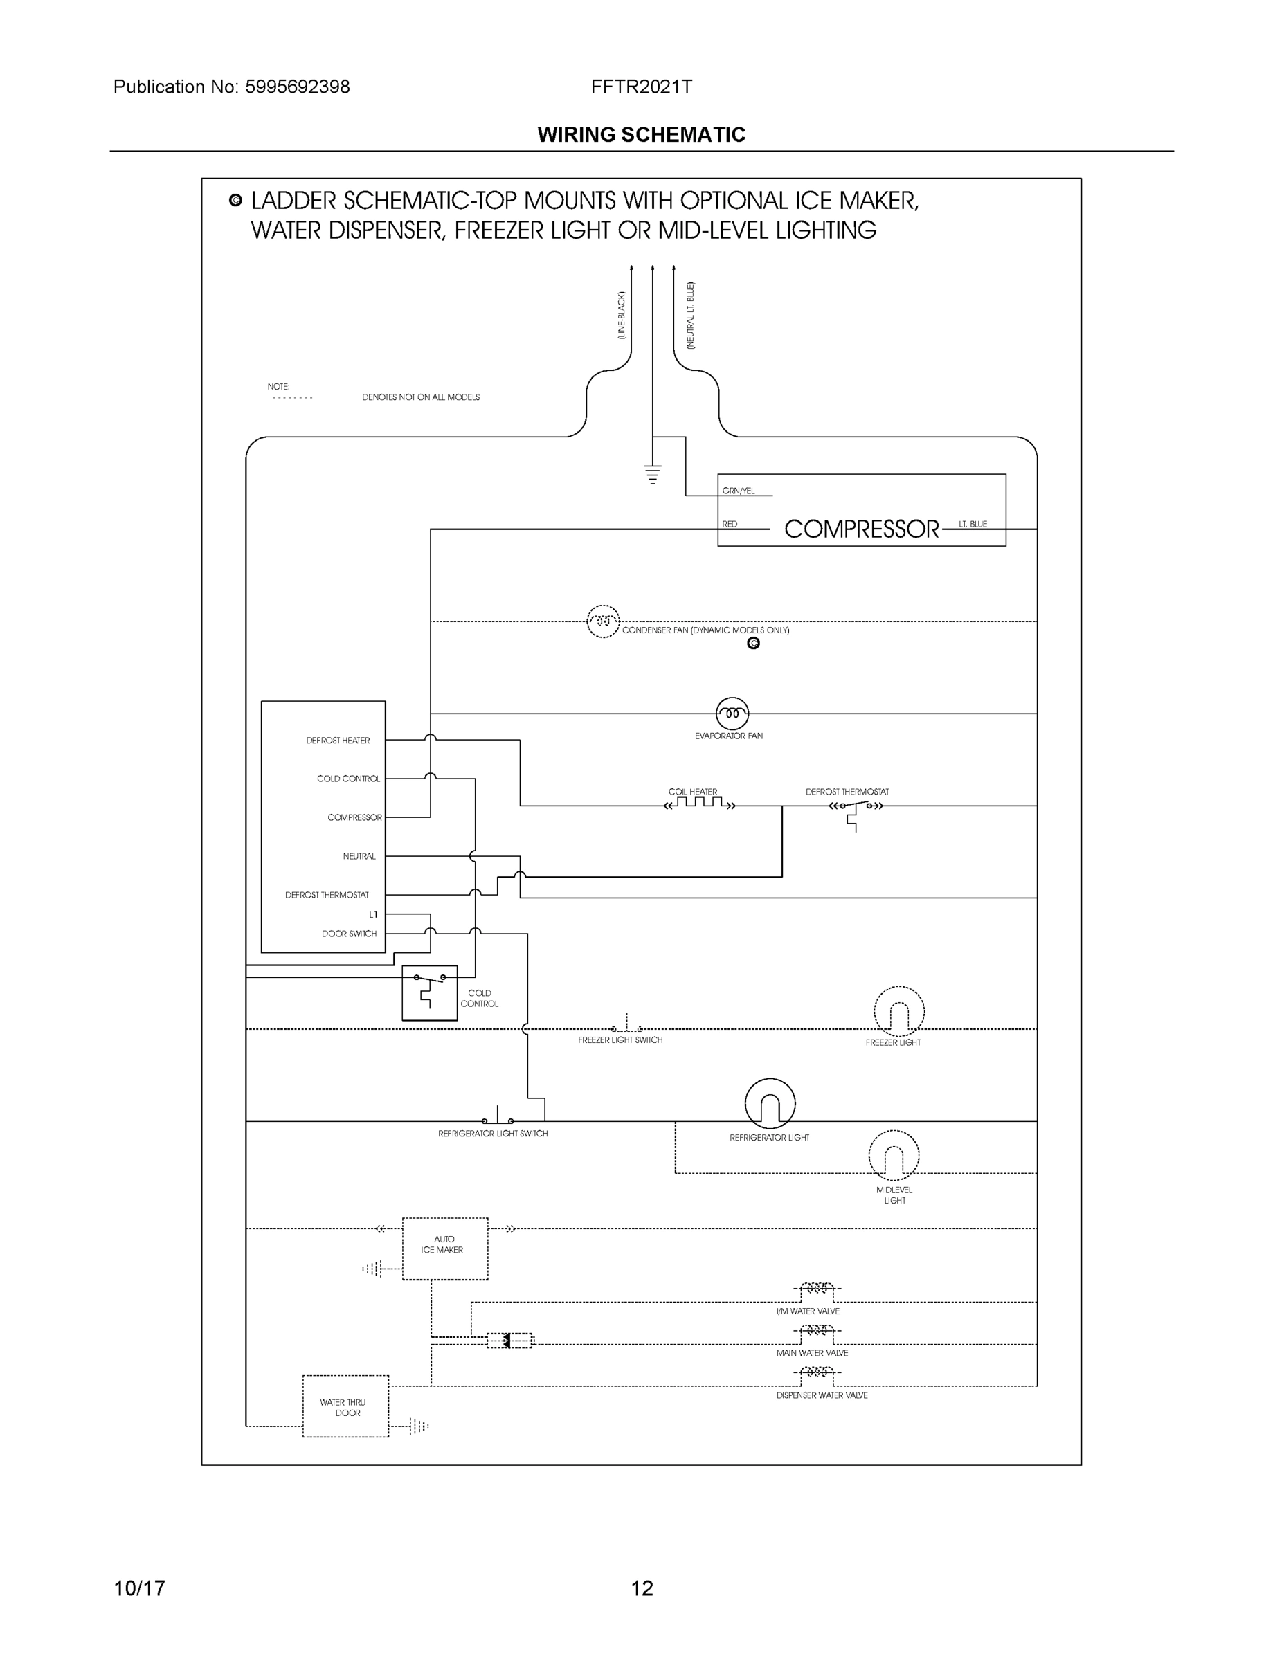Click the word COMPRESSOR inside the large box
point(861,529)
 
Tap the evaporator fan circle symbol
point(732,714)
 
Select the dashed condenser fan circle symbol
point(602,621)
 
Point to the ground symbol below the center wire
point(653,475)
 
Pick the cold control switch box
point(429,992)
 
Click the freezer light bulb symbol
point(898,1012)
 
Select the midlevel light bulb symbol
point(893,1155)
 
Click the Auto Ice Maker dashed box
point(444,1248)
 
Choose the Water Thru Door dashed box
point(345,1406)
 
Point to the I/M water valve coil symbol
point(816,1289)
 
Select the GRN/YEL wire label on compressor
point(738,491)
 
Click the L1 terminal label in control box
point(372,915)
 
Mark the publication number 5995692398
point(297,87)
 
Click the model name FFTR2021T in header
point(641,87)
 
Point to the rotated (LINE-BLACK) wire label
point(622,315)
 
